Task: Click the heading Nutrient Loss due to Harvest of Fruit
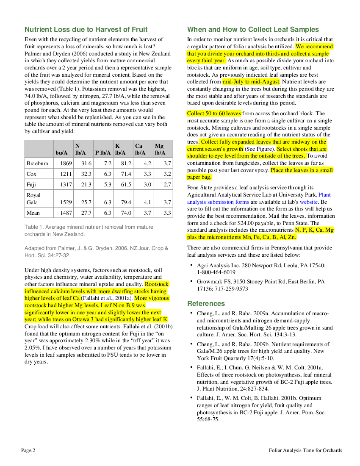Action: [86, 29]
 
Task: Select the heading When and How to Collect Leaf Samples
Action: [253, 29]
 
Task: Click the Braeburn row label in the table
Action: [37, 164]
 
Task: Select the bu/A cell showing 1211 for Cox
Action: [66, 174]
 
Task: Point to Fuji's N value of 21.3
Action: [86, 185]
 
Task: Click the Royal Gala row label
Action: [33, 199]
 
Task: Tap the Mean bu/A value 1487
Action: [66, 213]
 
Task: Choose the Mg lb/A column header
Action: [160, 149]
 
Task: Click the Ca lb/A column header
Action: [140, 149]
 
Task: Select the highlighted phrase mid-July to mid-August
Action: [251, 82]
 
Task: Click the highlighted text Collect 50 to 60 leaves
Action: [214, 113]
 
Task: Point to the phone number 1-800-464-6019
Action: [216, 272]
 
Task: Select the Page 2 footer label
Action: [28, 450]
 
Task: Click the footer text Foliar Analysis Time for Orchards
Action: [305, 450]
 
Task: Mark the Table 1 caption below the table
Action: [89, 230]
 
